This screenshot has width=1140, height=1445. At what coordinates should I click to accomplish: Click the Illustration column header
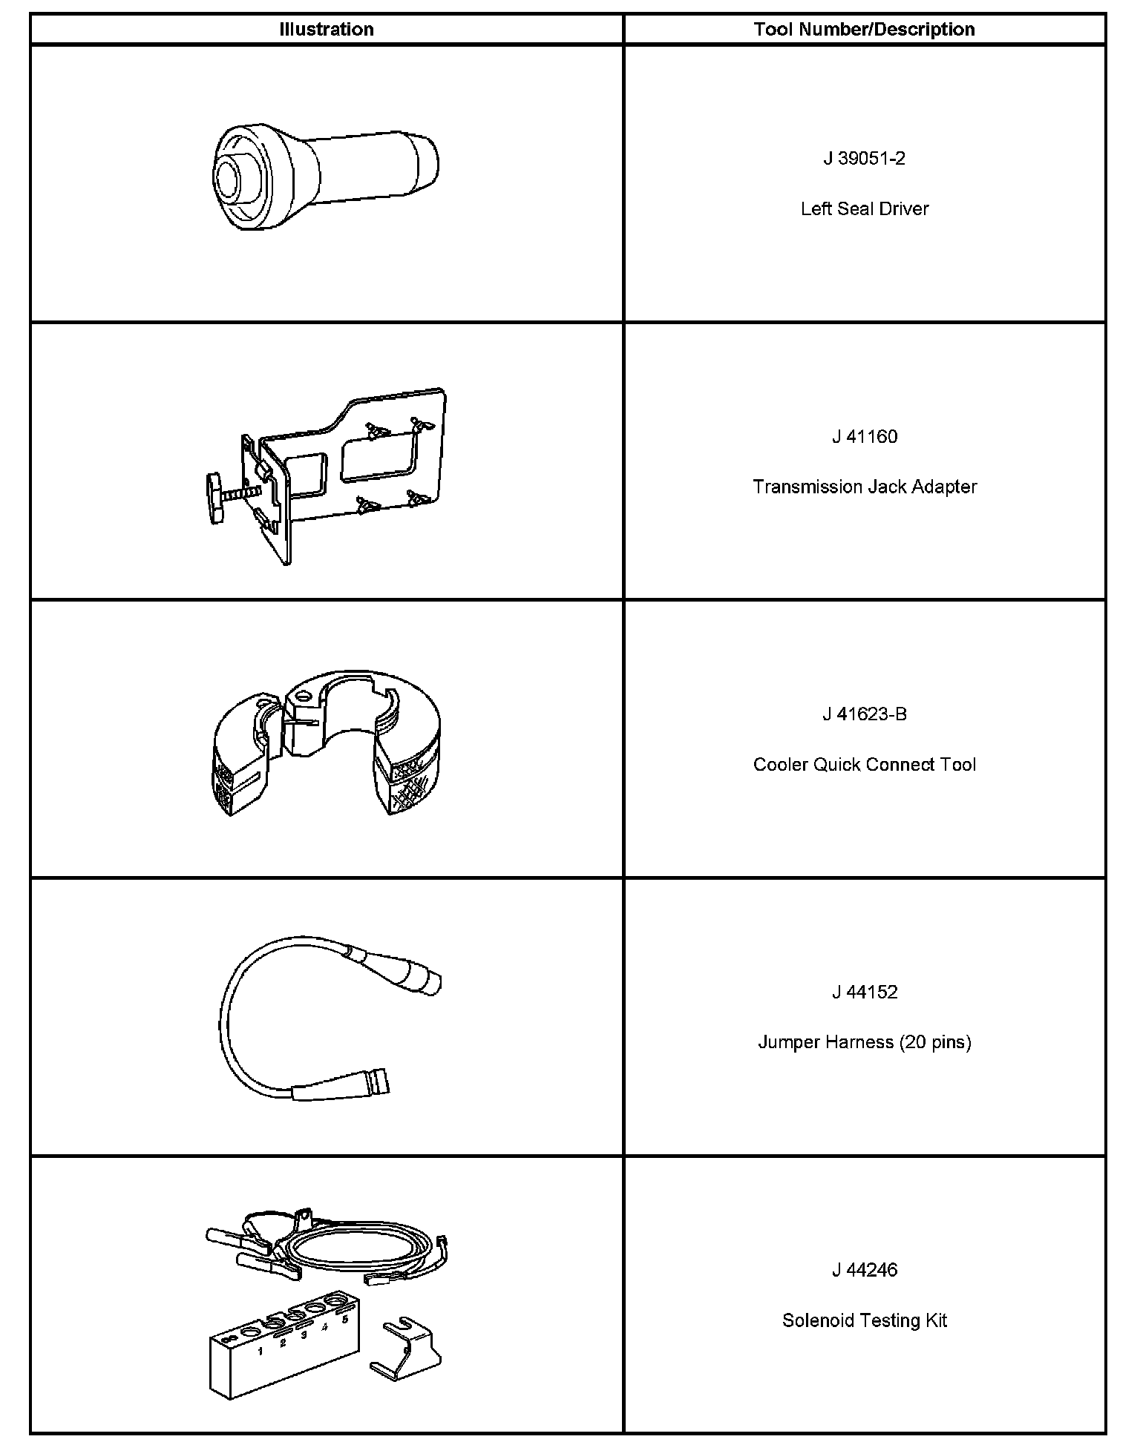(x=326, y=30)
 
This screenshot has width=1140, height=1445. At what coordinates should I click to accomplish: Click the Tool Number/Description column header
(x=864, y=30)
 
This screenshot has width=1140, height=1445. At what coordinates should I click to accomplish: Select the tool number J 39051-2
(x=864, y=159)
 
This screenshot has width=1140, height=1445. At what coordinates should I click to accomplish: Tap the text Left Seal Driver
(x=864, y=209)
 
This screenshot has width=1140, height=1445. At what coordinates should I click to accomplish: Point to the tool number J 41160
(x=864, y=437)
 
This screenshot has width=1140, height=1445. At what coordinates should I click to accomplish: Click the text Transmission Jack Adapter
(x=864, y=487)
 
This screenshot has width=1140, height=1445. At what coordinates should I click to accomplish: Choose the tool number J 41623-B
(x=864, y=714)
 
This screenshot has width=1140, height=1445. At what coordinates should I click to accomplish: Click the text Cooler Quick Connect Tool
(x=864, y=765)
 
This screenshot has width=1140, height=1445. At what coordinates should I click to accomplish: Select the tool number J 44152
(x=864, y=993)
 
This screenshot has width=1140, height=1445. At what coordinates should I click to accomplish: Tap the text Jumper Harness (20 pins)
(x=864, y=1042)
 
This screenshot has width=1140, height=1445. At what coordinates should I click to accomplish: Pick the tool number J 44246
(x=864, y=1270)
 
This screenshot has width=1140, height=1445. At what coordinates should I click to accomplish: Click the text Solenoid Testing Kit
(x=864, y=1320)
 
